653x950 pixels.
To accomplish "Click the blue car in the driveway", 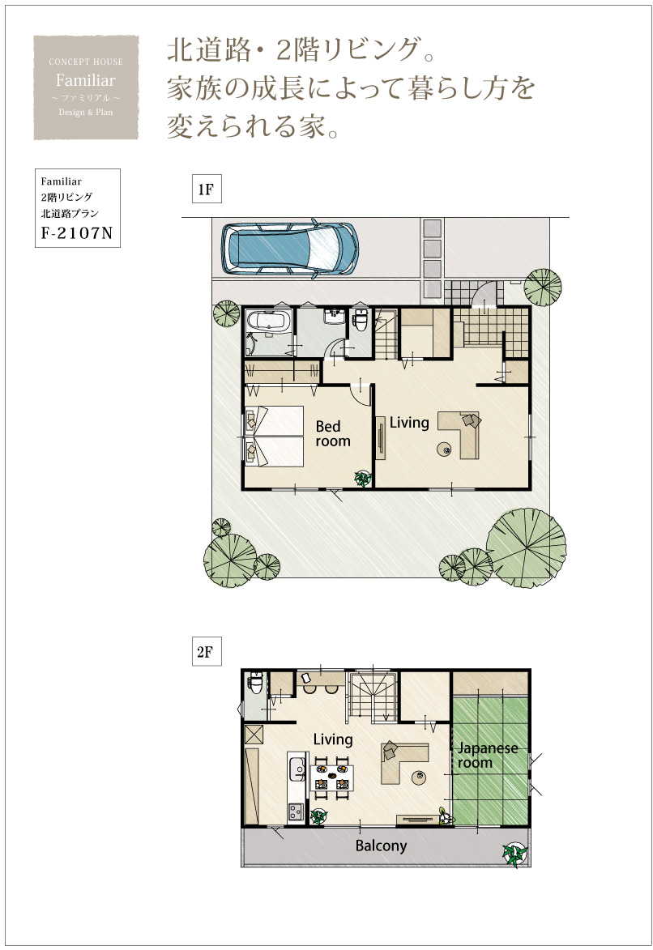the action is [290, 249].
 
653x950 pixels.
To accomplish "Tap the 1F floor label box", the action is [206, 190].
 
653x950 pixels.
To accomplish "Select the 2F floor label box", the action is [206, 652].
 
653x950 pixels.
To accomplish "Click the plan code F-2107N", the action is [77, 232].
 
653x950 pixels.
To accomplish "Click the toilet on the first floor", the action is [361, 320].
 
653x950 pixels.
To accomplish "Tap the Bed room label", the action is [332, 434].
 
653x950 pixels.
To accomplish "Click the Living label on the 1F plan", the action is [409, 423].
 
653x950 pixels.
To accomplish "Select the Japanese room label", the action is [488, 756].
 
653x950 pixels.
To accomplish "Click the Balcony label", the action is [381, 846].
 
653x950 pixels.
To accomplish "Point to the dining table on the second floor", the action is [331, 777].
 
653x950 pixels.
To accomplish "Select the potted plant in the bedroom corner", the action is [363, 479].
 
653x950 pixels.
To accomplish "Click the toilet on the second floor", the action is [256, 683].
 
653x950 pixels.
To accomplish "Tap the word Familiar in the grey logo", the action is [86, 80].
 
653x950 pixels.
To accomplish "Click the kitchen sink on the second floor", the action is [297, 769].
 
